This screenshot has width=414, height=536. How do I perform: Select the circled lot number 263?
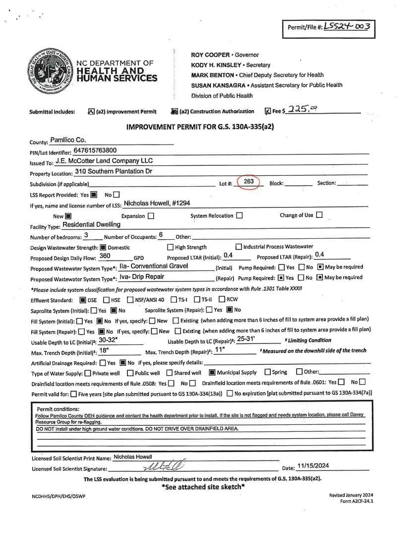249,182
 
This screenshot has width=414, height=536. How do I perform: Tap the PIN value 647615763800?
95,150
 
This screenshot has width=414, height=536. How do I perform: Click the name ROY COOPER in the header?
210,55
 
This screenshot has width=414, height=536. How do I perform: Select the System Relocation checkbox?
239,215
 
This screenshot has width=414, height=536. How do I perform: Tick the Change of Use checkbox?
319,215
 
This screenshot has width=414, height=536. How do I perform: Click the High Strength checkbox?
171,247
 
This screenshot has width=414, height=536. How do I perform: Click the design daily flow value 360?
105,256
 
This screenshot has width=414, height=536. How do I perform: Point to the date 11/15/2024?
313,466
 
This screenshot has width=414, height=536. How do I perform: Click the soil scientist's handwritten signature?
164,467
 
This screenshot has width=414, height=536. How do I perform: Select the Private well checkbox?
88,373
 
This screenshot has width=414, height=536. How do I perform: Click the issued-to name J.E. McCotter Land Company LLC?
104,161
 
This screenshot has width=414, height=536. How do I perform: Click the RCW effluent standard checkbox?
222,299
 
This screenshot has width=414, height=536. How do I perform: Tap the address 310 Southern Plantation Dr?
114,171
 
